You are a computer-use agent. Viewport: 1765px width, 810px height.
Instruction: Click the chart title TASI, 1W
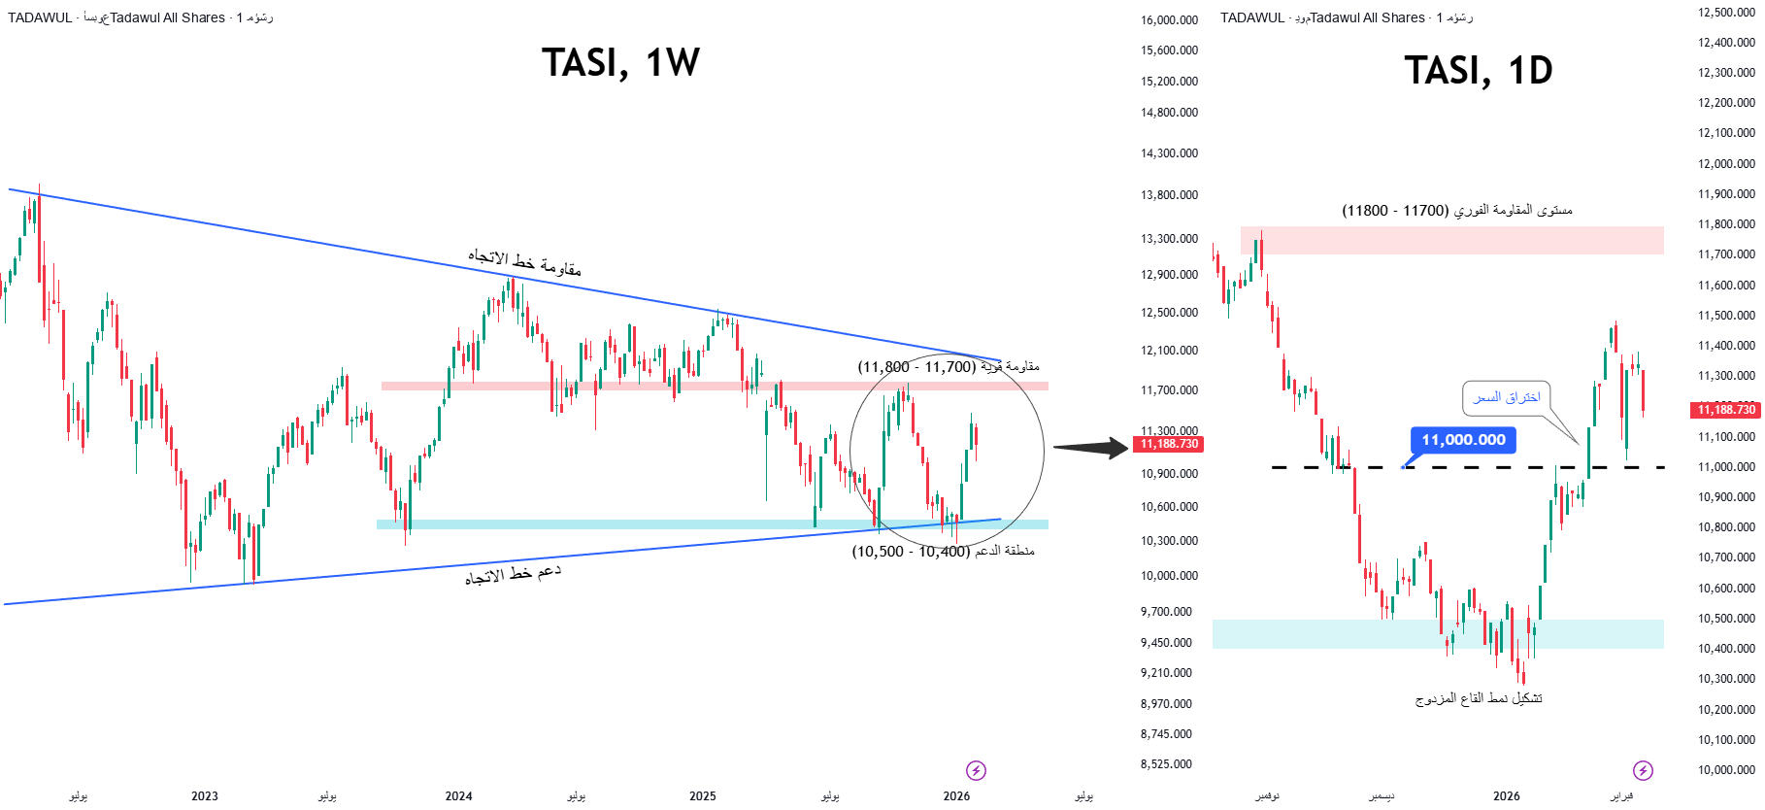point(620,63)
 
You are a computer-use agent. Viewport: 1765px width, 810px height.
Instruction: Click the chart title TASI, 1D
point(1478,71)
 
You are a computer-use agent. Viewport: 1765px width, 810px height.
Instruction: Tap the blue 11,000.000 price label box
point(1463,440)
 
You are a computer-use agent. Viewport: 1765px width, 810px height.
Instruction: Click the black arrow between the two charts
point(1090,448)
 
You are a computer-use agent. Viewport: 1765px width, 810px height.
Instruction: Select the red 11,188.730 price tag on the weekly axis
point(1169,445)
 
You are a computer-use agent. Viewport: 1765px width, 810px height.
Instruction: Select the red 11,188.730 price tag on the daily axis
point(1726,410)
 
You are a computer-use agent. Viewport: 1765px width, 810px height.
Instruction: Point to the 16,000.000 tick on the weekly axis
point(1169,20)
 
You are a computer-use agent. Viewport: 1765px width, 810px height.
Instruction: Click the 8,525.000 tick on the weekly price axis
point(1166,764)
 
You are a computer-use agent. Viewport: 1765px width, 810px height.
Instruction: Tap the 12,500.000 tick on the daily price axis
point(1726,13)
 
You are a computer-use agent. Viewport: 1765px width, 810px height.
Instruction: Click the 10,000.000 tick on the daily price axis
point(1726,770)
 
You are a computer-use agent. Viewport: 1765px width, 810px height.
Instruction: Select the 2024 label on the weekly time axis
point(458,796)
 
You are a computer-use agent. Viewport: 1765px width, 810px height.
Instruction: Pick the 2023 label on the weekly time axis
point(205,796)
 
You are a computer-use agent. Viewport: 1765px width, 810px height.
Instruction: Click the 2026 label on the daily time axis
point(1506,796)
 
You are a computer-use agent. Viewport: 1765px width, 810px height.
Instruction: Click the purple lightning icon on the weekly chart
point(976,770)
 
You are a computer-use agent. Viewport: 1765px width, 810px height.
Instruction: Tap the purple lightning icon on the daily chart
point(1643,770)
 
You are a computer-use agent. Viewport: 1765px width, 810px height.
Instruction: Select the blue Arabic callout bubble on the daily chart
point(1506,397)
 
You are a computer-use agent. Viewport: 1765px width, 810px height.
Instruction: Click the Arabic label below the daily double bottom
point(1478,698)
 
